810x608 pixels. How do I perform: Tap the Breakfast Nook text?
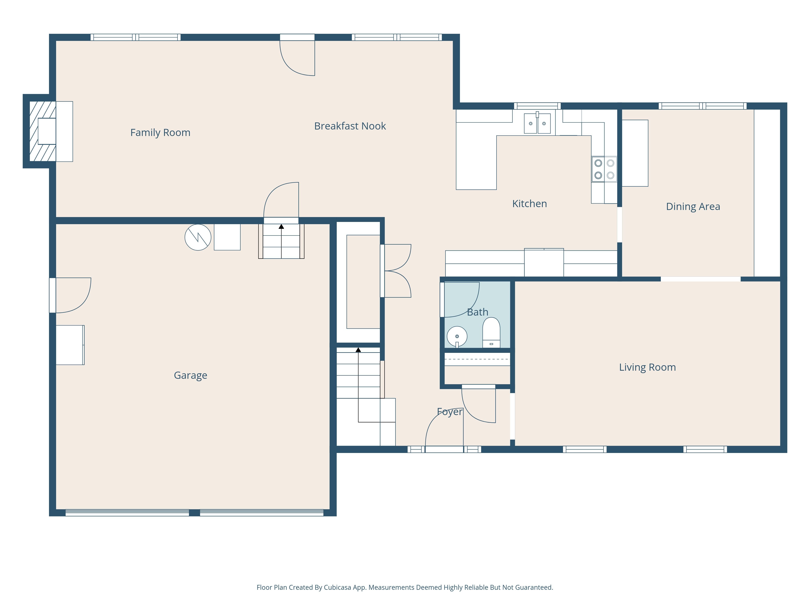pos(350,126)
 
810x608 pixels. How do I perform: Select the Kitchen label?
pos(530,204)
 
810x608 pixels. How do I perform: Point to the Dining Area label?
pos(693,207)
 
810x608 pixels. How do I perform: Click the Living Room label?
pos(647,367)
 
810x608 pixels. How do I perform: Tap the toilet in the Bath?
pos(491,332)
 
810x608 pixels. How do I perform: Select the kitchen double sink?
pos(537,123)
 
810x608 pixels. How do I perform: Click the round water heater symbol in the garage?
pos(198,237)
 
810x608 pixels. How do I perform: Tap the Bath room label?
pos(477,312)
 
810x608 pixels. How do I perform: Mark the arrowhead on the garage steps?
pos(281,227)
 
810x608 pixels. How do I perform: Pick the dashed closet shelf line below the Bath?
pos(477,359)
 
